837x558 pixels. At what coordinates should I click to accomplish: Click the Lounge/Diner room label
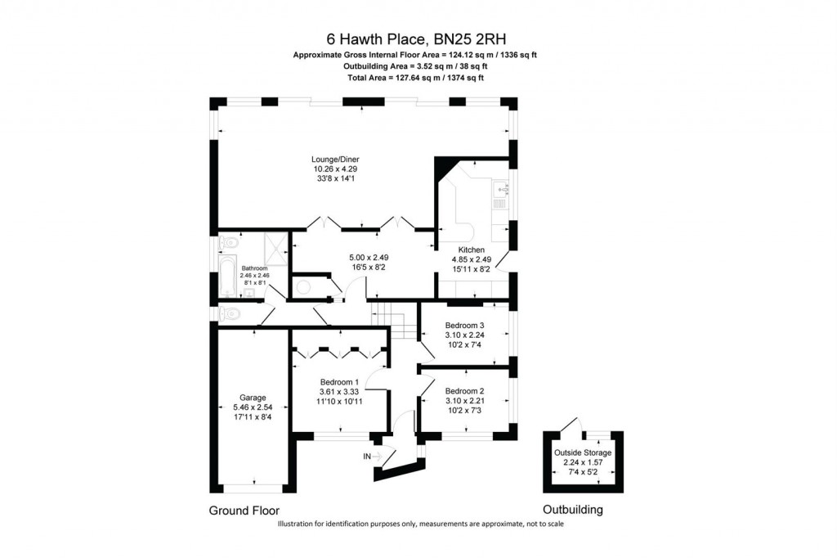[x=335, y=159]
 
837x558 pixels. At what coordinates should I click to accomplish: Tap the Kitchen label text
[x=471, y=250]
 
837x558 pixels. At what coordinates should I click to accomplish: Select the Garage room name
[x=253, y=398]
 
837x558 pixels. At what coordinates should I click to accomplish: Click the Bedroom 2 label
[x=465, y=390]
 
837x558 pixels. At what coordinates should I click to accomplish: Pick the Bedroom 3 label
[x=465, y=325]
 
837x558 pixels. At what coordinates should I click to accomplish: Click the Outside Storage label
[x=583, y=452]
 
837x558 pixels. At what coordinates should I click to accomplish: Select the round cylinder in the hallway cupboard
[x=305, y=286]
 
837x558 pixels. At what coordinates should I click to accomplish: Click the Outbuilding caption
[x=573, y=509]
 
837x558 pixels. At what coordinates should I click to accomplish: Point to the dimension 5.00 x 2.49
[x=361, y=257]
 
